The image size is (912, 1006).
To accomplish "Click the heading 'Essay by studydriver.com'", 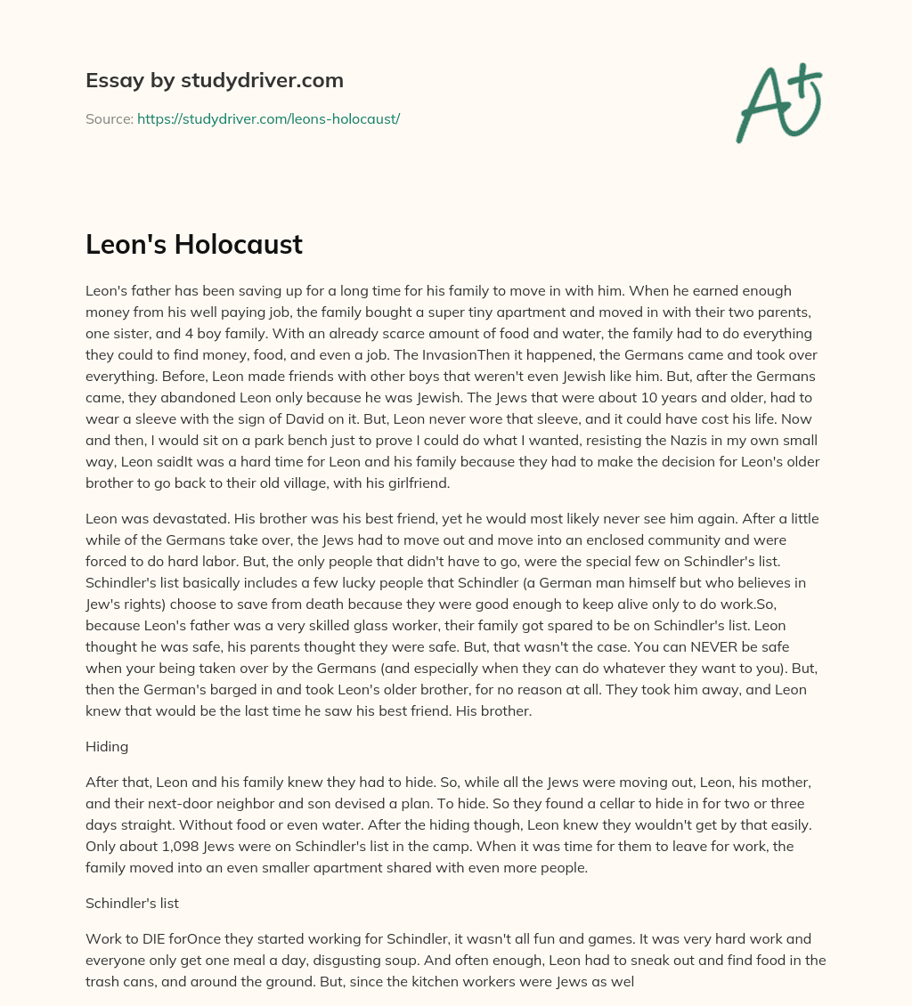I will pos(215,80).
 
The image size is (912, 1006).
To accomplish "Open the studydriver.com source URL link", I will pos(268,118).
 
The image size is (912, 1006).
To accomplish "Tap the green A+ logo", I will pos(778,102).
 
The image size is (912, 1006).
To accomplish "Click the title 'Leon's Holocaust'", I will pos(194,245).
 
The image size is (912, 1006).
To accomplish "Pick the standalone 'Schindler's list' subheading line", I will pos(132,903).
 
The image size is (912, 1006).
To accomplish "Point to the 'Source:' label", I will pos(109,118).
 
